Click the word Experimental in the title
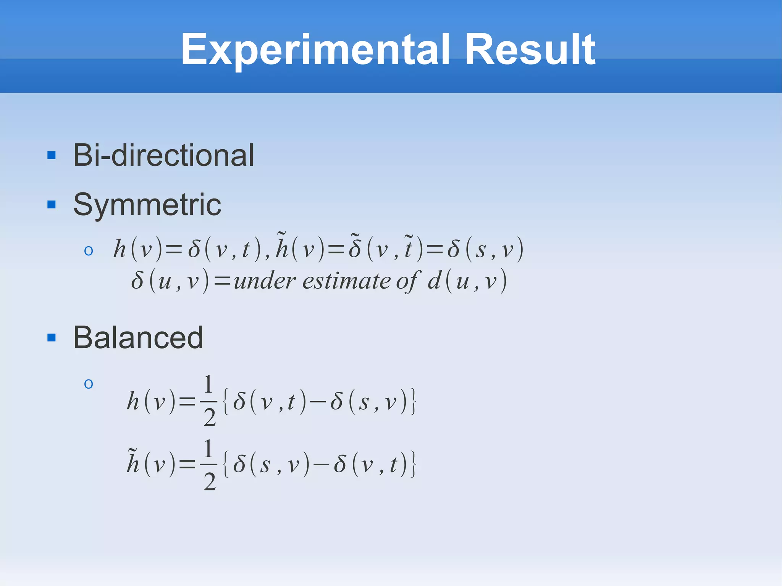315,50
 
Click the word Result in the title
530,50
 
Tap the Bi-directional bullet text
163,155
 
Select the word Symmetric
147,205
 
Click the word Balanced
138,338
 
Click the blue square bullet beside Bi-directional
52,155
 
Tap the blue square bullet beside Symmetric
52,205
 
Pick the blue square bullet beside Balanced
52,338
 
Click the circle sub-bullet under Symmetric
89,251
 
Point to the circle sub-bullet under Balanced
89,384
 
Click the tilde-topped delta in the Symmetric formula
355,247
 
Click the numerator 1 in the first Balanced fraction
208,384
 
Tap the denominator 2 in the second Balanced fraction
210,482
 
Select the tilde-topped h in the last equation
133,463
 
